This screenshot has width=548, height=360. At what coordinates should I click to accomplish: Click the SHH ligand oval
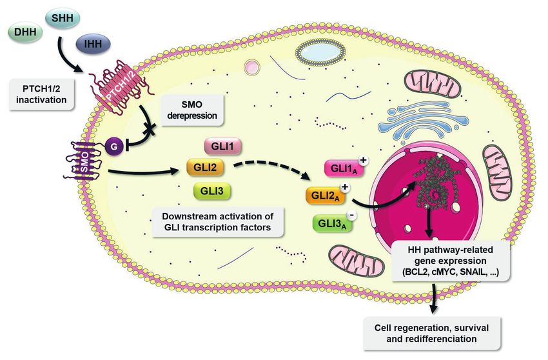pos(63,17)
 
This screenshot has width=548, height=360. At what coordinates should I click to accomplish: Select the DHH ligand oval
pos(25,32)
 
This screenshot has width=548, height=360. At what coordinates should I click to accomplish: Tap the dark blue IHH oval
pos(93,44)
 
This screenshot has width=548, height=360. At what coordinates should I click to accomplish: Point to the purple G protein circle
pos(114,147)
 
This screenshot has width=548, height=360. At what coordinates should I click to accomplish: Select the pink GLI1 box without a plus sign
pos(222,146)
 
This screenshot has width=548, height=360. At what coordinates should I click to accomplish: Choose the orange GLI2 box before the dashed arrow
pos(205,167)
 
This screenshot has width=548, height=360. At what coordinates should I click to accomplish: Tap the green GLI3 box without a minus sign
pos(212,191)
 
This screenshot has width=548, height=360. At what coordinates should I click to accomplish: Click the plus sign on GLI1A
pos(364,160)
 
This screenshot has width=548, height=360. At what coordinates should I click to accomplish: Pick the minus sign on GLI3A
pos(352,215)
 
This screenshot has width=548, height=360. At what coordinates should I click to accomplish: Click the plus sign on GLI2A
pos(345,187)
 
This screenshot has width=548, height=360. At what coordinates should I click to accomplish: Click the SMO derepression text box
pos(192,110)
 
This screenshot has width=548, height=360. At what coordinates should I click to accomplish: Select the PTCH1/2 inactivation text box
pos(41,94)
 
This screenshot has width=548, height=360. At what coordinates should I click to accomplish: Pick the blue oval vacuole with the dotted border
pos(320,52)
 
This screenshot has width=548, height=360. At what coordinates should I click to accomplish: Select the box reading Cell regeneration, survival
pos(432,334)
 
